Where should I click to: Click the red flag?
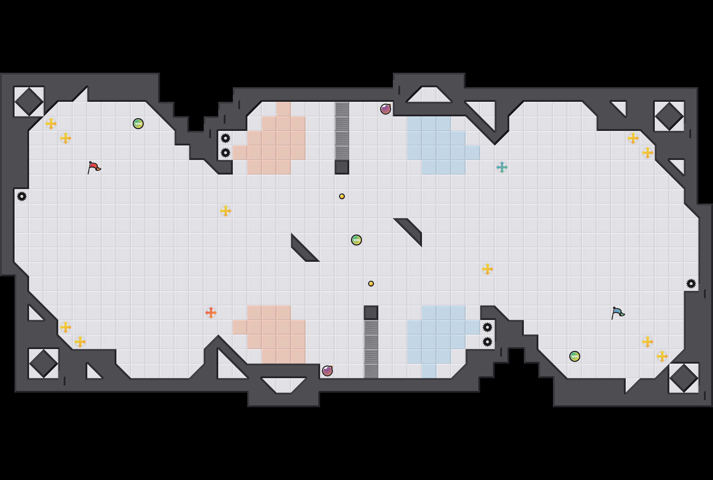[x=94, y=167]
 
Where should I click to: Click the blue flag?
[x=618, y=313]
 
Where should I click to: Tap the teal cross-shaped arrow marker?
[x=502, y=167]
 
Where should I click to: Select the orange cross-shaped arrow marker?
[x=211, y=313]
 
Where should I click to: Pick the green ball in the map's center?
[x=356, y=240]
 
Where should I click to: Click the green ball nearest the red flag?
[x=138, y=124]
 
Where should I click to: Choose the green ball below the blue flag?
[x=575, y=356]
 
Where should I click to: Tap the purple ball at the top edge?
[x=386, y=109]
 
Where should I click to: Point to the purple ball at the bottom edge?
[x=327, y=371]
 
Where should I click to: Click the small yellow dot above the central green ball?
[x=342, y=196]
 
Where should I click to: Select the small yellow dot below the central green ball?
[x=371, y=284]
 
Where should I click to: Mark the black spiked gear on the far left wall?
[x=22, y=196]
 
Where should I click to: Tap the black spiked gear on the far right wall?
[x=691, y=284]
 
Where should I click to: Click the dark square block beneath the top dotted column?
[x=342, y=167]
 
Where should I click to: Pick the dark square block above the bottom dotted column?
[x=371, y=313]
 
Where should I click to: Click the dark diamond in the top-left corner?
[x=29, y=102]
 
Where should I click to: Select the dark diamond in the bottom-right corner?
[x=684, y=378]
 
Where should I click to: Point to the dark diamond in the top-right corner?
[x=669, y=116]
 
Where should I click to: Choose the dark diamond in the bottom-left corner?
[x=44, y=364]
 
